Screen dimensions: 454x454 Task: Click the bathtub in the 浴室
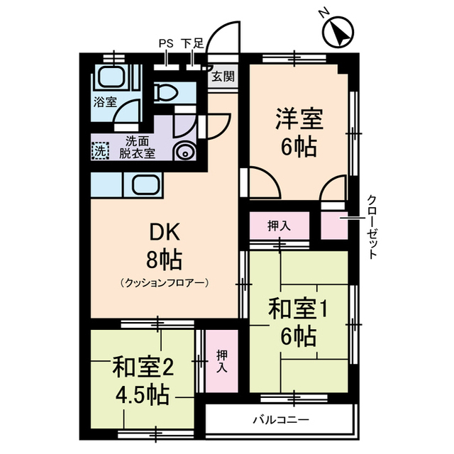[111, 77]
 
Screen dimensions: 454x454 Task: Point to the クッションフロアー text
[164, 283]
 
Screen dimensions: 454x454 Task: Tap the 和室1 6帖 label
[297, 323]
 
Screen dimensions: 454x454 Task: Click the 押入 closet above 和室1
[279, 226]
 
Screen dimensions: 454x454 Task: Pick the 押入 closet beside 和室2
[221, 362]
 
